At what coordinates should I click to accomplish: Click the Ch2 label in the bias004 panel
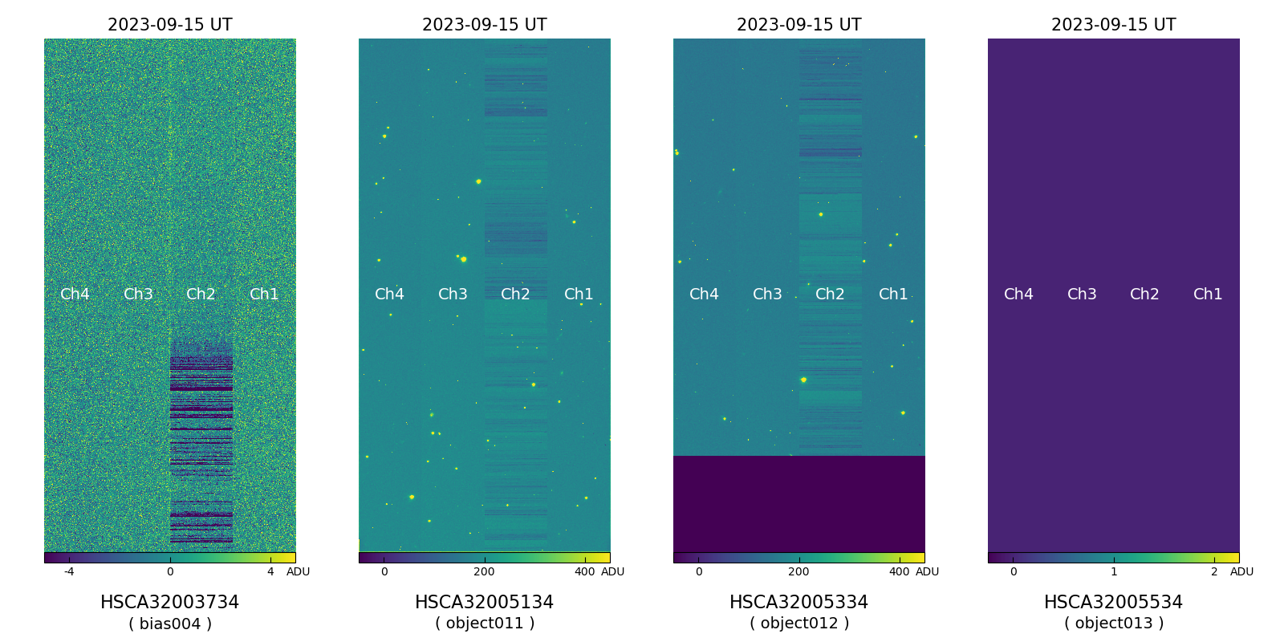point(201,295)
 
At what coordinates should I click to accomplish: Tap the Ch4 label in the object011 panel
point(389,295)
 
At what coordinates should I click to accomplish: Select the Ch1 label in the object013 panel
point(1208,295)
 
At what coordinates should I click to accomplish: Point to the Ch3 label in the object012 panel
point(767,295)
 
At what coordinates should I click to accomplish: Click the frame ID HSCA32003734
point(169,602)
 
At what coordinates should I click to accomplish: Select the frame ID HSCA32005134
point(484,602)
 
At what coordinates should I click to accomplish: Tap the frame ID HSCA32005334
point(798,602)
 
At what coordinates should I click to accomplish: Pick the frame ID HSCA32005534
point(1113,602)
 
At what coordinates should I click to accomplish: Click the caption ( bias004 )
point(169,624)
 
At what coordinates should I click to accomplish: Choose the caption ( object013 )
point(1113,624)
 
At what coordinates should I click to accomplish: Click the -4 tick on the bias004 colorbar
point(69,571)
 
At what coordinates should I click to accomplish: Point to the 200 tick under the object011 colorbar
point(484,571)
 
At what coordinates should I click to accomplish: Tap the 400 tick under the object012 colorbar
point(900,571)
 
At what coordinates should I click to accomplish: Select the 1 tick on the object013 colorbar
point(1114,571)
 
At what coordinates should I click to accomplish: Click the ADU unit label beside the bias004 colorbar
point(298,571)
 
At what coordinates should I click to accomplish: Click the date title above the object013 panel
point(1113,25)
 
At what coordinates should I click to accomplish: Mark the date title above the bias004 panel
point(169,25)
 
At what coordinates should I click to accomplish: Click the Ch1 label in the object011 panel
point(579,295)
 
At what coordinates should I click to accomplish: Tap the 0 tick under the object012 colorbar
point(699,571)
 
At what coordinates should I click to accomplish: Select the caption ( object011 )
point(484,624)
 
